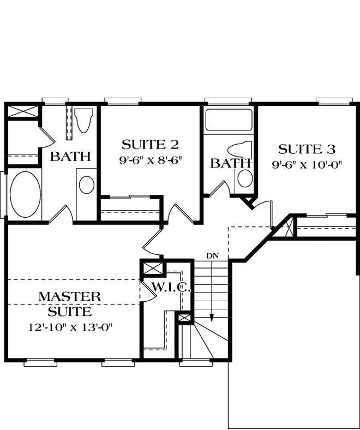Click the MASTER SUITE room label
(x=70, y=304)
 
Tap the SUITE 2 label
(x=150, y=145)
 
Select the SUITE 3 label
(x=307, y=148)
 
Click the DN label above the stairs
(x=212, y=255)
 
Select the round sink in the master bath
(x=86, y=184)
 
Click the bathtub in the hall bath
(x=229, y=121)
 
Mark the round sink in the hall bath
(x=246, y=178)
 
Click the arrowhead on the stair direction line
(x=212, y=320)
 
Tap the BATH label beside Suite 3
(x=229, y=163)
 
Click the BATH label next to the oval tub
(x=70, y=157)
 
